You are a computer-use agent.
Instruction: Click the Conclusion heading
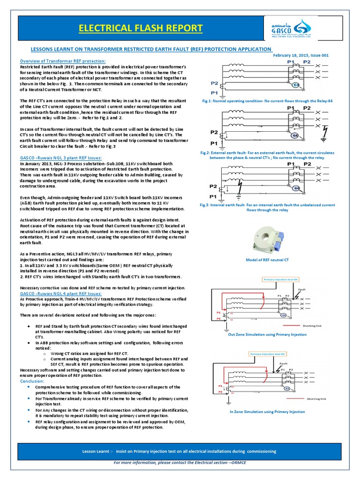coord(32,381)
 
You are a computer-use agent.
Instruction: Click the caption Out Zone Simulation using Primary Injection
coord(268,334)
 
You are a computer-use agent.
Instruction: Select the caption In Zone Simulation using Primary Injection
coord(267,412)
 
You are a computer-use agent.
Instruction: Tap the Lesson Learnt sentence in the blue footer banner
coord(180,451)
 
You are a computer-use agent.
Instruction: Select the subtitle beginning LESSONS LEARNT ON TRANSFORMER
coord(145,49)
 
